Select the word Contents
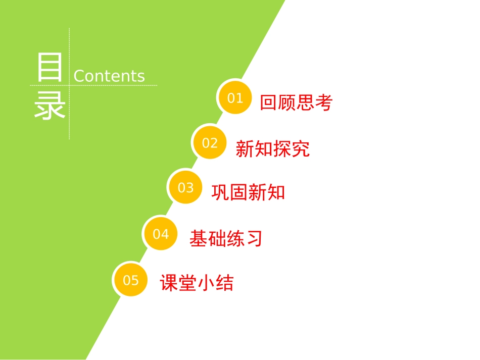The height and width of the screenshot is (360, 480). pyautogui.click(x=109, y=76)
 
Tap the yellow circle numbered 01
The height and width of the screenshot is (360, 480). pyautogui.click(x=235, y=97)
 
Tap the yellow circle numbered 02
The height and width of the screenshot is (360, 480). pyautogui.click(x=210, y=143)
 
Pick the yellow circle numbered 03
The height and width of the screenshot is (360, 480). pyautogui.click(x=185, y=188)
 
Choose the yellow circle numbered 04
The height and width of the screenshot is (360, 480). pyautogui.click(x=161, y=234)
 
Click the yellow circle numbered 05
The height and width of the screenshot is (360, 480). pyautogui.click(x=130, y=280)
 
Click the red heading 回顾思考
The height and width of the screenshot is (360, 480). pyautogui.click(x=296, y=103)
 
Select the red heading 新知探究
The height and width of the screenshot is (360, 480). pyautogui.click(x=272, y=149)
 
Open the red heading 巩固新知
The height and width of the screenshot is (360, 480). pyautogui.click(x=248, y=192)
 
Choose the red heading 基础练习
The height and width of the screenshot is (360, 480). pyautogui.click(x=226, y=238)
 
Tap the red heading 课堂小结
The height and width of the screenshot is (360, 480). pyautogui.click(x=197, y=283)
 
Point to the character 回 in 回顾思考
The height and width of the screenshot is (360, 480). pyautogui.click(x=269, y=103)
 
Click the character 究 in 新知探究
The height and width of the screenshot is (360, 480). pyautogui.click(x=301, y=149)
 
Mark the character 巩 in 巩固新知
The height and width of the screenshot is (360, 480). pyautogui.click(x=220, y=192)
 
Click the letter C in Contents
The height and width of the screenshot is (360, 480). pyautogui.click(x=79, y=76)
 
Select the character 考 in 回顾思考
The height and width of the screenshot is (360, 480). pyautogui.click(x=324, y=103)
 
